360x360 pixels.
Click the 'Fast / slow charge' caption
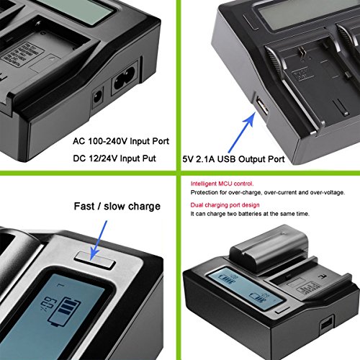(117, 207)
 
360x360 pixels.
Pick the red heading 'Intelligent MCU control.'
(222, 184)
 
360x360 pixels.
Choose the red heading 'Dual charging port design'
(225, 205)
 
